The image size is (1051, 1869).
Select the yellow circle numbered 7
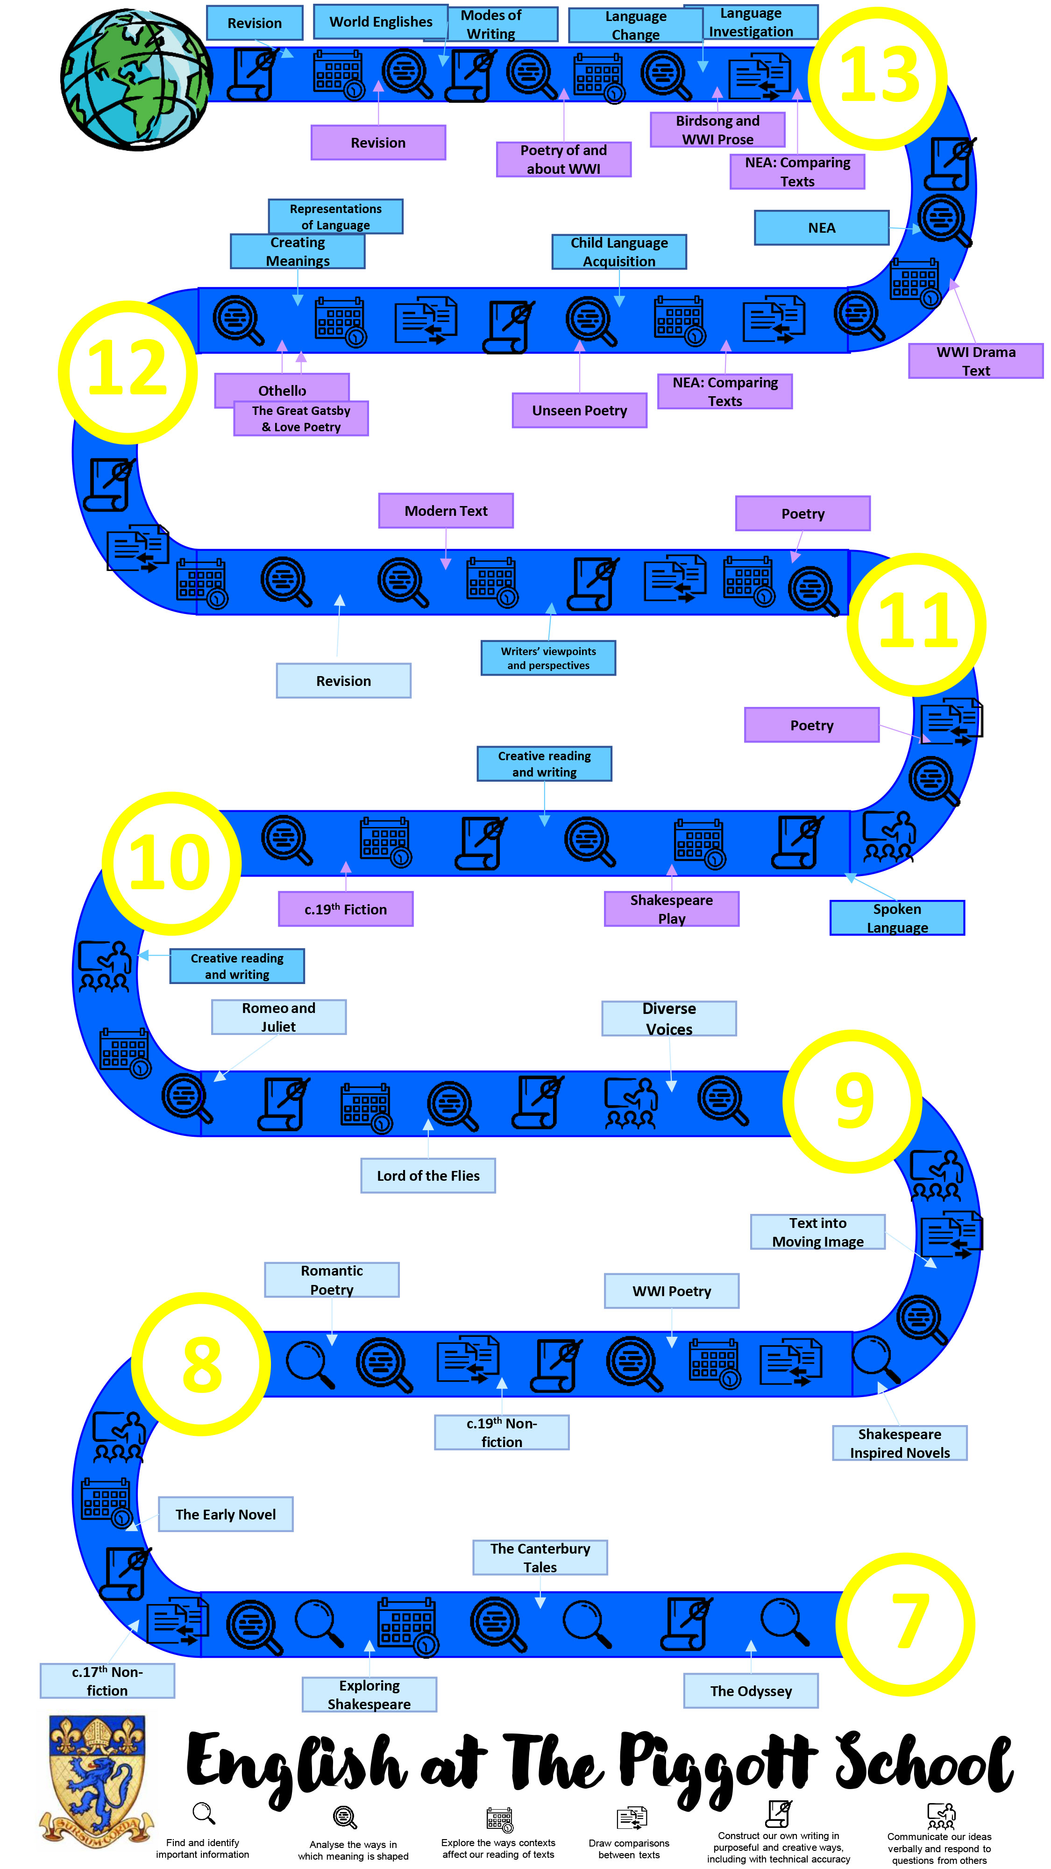click(x=905, y=1622)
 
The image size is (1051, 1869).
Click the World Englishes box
click(x=381, y=22)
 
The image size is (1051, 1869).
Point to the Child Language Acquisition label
click(x=619, y=252)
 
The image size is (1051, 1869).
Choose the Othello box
click(x=282, y=390)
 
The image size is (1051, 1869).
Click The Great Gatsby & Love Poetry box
click(x=301, y=419)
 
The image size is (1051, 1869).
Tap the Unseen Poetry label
click(x=580, y=411)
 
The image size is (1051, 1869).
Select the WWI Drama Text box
click(x=976, y=361)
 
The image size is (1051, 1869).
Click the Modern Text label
click(x=446, y=511)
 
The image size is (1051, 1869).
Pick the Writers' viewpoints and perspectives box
click(x=548, y=658)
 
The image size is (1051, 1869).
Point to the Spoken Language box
click(x=897, y=918)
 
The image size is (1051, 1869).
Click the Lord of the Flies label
click(x=428, y=1176)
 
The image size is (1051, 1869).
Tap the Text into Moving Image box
click(x=817, y=1232)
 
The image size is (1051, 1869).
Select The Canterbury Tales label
click(x=540, y=1558)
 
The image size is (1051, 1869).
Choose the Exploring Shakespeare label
click(x=369, y=1695)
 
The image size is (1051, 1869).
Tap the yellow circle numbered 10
click(x=171, y=863)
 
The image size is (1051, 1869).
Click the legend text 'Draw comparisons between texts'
click(x=629, y=1849)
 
